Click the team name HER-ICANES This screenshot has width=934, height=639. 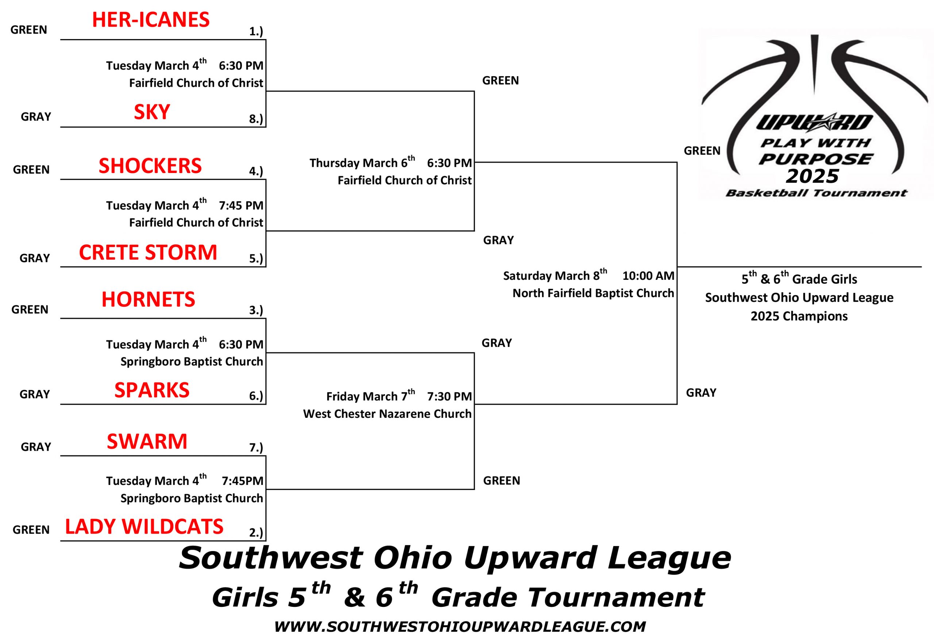[x=151, y=20]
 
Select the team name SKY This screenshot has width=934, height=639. [x=152, y=112]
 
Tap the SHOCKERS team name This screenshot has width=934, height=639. [x=150, y=166]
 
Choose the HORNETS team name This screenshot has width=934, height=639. [x=148, y=299]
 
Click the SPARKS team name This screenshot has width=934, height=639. [x=151, y=390]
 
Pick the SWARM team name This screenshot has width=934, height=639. [x=147, y=441]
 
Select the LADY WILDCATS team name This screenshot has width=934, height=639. [x=144, y=527]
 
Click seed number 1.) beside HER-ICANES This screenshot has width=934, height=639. [x=256, y=32]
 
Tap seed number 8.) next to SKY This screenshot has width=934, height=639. [x=256, y=119]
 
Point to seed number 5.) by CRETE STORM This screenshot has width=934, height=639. [x=256, y=258]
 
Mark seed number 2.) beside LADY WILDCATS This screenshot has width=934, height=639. [x=256, y=532]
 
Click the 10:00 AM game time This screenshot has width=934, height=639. [x=648, y=276]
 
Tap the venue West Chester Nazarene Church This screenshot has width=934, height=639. [x=387, y=414]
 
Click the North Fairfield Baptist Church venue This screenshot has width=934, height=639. [x=593, y=293]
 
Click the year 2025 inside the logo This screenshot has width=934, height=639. [x=812, y=176]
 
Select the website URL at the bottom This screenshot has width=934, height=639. [x=460, y=627]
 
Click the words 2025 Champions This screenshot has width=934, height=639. [x=799, y=316]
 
